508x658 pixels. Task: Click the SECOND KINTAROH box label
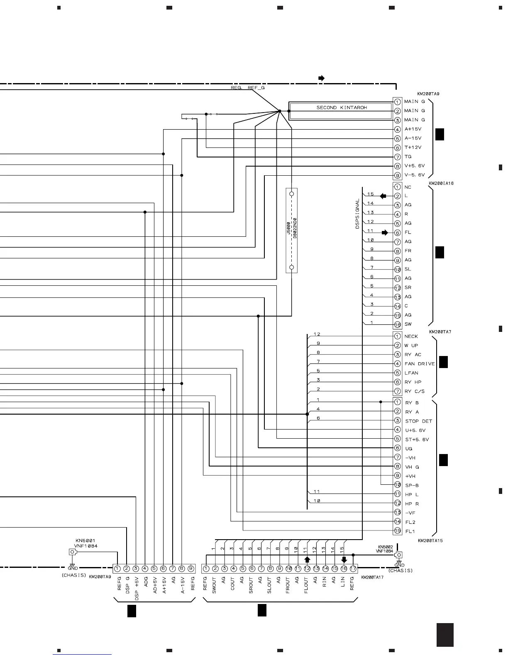(x=342, y=108)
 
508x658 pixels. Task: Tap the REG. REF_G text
(x=247, y=88)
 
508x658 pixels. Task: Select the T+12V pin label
(x=413, y=147)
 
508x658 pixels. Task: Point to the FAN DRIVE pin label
(x=420, y=364)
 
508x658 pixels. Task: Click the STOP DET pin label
(x=418, y=421)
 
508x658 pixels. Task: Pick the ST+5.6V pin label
(x=417, y=439)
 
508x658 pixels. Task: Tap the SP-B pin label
(x=412, y=486)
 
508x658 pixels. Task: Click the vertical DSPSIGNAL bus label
(x=357, y=214)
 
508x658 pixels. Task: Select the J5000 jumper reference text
(x=289, y=228)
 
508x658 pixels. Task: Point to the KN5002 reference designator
(x=385, y=547)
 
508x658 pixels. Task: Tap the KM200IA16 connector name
(x=441, y=183)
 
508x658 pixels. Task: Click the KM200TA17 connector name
(x=372, y=577)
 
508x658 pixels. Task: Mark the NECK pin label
(x=411, y=336)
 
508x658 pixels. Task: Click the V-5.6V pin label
(x=414, y=175)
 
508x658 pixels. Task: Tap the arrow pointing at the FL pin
(x=385, y=233)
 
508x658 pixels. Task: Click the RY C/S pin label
(x=414, y=391)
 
